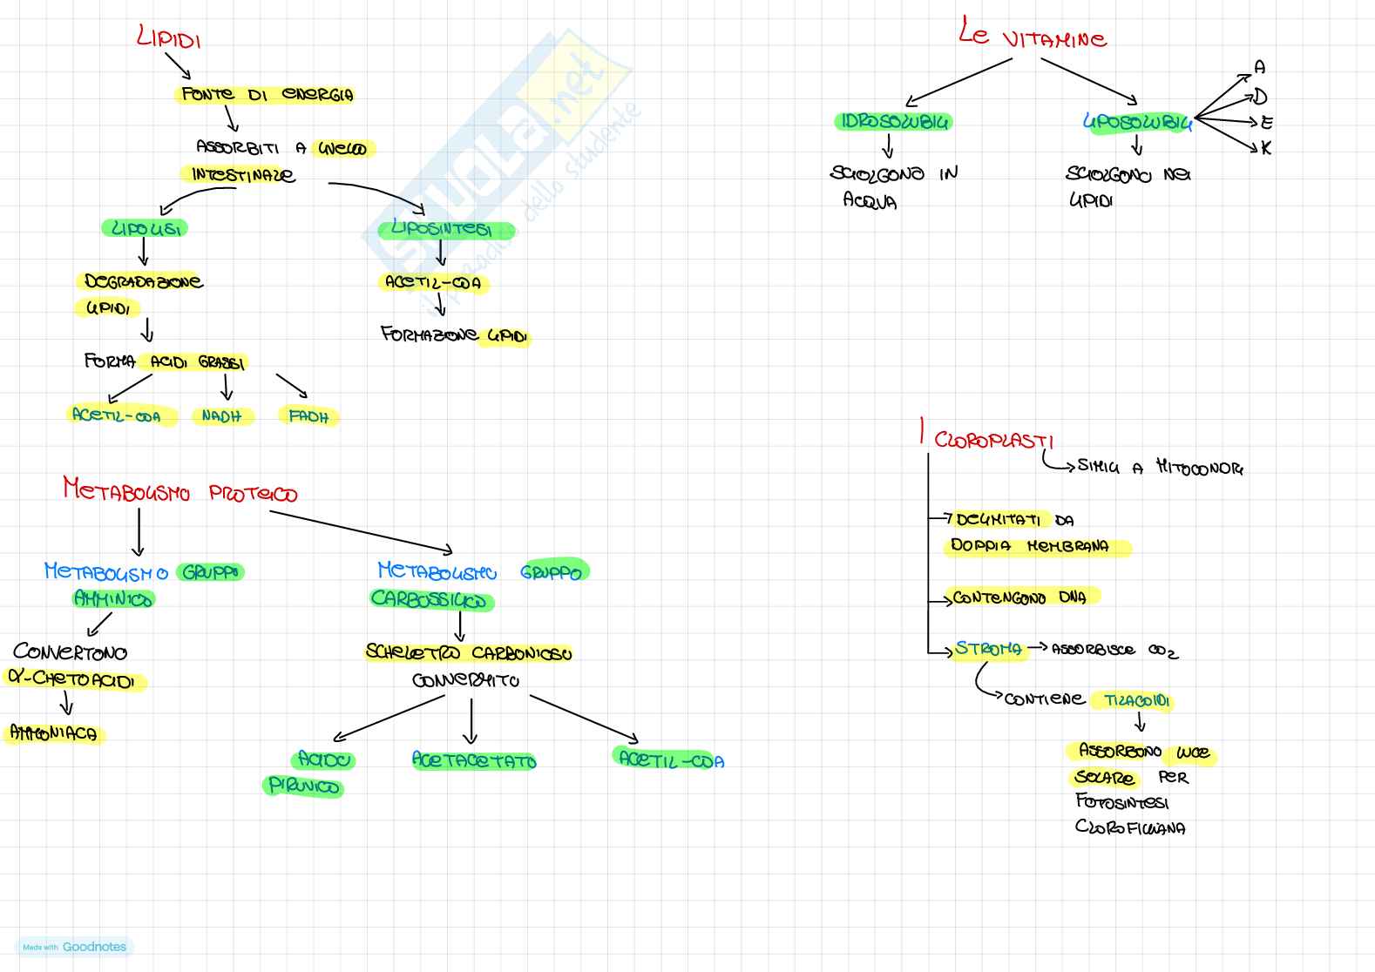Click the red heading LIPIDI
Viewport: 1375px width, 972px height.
169,38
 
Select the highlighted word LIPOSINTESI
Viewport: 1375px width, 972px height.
443,230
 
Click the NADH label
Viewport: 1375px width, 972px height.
221,416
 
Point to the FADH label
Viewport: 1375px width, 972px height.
308,417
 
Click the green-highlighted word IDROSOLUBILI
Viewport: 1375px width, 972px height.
893,122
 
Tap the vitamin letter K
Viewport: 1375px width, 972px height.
1265,148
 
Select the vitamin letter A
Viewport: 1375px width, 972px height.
1259,68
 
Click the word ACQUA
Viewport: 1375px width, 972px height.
870,201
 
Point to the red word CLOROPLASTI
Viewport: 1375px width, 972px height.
993,440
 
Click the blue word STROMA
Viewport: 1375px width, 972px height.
988,649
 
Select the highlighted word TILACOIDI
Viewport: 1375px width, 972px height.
1136,701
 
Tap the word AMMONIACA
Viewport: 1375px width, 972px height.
54,733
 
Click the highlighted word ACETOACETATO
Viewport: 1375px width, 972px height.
474,760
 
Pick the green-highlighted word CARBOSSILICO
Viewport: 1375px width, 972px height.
430,599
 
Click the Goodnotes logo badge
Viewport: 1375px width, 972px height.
75,947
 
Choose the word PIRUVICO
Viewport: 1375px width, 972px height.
303,786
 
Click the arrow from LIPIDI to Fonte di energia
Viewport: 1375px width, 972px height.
178,66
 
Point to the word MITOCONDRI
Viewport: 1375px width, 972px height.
1199,468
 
